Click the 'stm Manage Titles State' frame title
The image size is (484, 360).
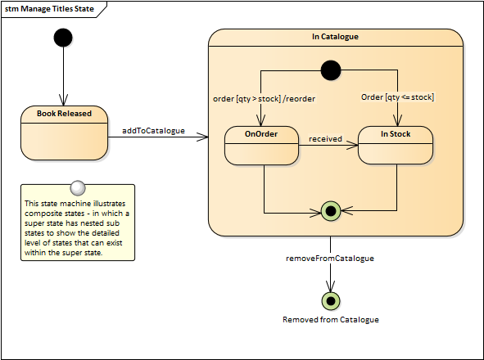coord(49,9)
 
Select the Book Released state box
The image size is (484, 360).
coord(64,133)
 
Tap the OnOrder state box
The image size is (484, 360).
coord(261,146)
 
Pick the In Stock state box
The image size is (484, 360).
coord(396,145)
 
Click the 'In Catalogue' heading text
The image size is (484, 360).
coord(335,37)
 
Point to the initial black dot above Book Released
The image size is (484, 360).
coord(63,38)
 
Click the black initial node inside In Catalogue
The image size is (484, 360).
coord(331,70)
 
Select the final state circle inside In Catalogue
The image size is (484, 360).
coord(331,211)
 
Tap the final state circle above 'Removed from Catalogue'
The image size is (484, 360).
coord(331,301)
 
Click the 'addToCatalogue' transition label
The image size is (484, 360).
coord(153,131)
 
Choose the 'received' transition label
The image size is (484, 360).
coord(325,139)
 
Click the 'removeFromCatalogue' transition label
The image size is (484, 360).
coord(330,259)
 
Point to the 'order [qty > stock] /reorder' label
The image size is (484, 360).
coord(265,99)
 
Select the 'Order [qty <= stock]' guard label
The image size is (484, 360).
coord(397,97)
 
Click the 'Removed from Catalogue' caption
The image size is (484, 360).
coord(331,320)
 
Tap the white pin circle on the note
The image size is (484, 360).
coord(78,188)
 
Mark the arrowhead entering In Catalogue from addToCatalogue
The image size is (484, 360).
coord(203,137)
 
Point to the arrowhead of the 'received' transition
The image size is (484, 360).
coord(352,145)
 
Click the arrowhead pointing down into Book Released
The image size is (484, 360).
coord(63,101)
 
